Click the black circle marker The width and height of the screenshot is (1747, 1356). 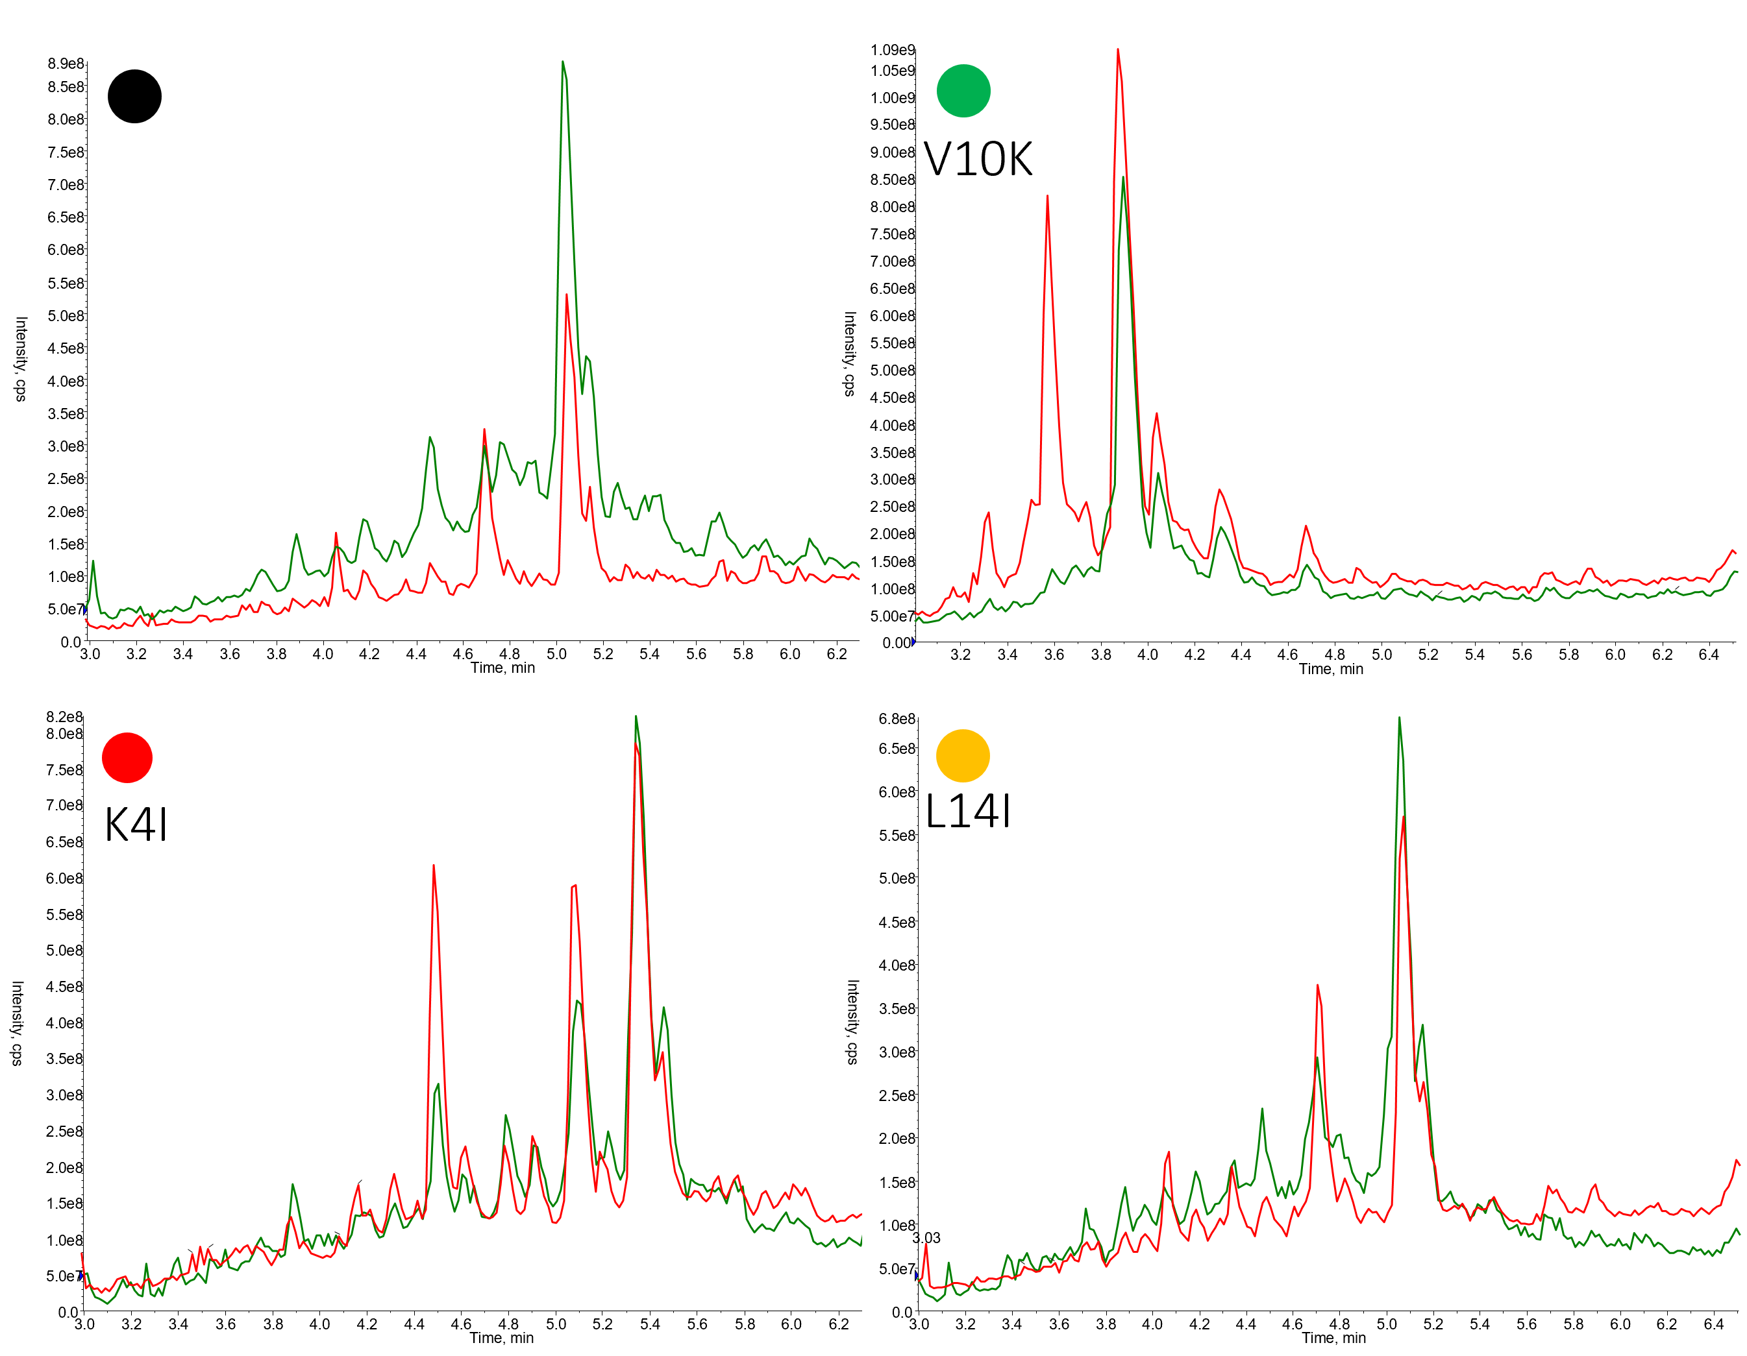[134, 97]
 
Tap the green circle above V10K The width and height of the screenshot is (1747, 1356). [963, 90]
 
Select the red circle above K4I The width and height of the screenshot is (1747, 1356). [127, 757]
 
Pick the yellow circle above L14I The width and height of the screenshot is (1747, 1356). [963, 756]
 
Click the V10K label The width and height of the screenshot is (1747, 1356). [978, 159]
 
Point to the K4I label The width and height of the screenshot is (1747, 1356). [136, 825]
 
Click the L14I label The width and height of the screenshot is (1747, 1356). [968, 812]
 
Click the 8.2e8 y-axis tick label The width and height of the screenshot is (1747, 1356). [64, 716]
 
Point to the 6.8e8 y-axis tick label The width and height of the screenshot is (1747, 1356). [897, 719]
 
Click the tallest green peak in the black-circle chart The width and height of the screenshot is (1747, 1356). [563, 62]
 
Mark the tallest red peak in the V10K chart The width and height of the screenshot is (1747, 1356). [1117, 51]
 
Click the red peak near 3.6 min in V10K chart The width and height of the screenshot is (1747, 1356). [1047, 197]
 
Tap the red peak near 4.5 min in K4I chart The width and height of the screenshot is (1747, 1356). [434, 866]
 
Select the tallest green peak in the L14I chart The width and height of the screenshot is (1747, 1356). [1399, 718]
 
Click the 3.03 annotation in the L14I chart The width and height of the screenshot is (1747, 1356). [926, 1238]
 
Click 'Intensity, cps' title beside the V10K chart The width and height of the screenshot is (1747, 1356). [850, 354]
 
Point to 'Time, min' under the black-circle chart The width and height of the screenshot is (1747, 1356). [502, 668]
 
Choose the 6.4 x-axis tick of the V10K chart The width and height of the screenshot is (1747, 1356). [1708, 655]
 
